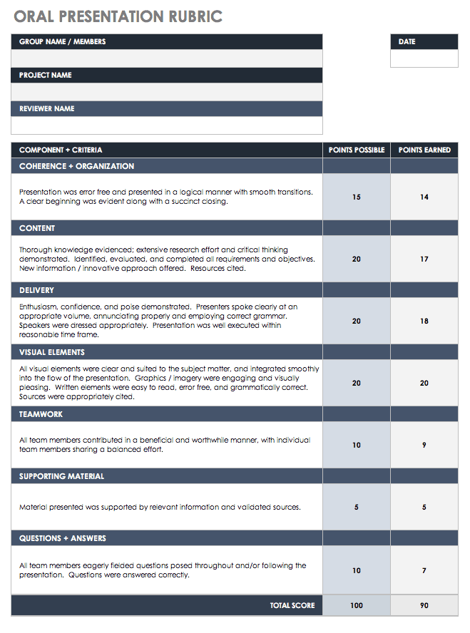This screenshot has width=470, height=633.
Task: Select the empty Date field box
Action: pyautogui.click(x=424, y=58)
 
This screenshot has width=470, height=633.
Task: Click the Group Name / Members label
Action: pyautogui.click(x=62, y=41)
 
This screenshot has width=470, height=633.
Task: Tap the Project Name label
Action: pyautogui.click(x=46, y=75)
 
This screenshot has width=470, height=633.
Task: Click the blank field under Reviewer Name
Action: pyautogui.click(x=166, y=125)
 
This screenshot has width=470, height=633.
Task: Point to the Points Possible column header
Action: pyautogui.click(x=357, y=150)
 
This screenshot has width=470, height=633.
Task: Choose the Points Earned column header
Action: pyautogui.click(x=424, y=150)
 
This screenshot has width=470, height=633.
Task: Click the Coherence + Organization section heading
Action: pyautogui.click(x=76, y=166)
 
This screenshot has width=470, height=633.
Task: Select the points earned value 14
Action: pyautogui.click(x=424, y=197)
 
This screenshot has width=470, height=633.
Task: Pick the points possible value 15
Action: pyautogui.click(x=357, y=197)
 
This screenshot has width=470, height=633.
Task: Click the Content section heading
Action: pyautogui.click(x=37, y=228)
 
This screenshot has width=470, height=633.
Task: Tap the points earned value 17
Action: pyautogui.click(x=424, y=259)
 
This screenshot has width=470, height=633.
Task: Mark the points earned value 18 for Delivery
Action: pyautogui.click(x=424, y=321)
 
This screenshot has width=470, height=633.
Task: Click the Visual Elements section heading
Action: pyautogui.click(x=52, y=352)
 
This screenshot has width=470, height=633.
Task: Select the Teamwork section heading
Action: pyautogui.click(x=41, y=414)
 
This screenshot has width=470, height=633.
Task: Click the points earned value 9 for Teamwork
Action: pyautogui.click(x=424, y=445)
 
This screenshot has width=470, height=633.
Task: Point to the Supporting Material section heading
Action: pyautogui.click(x=61, y=476)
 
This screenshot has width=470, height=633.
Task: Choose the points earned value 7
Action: pyautogui.click(x=424, y=570)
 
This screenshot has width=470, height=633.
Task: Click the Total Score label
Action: pyautogui.click(x=292, y=605)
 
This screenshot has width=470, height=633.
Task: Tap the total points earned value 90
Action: pyautogui.click(x=424, y=605)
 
